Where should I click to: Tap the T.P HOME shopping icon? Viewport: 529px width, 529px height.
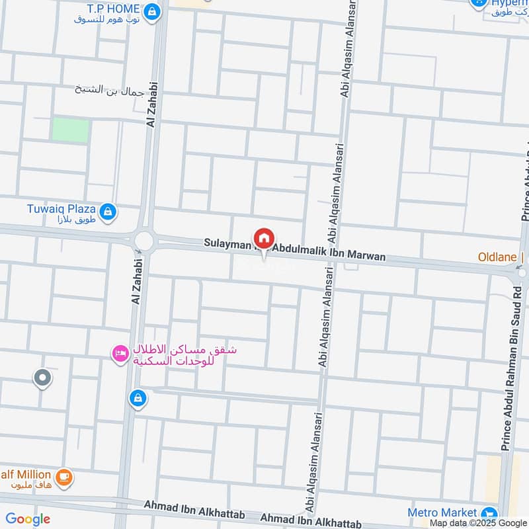[153, 11]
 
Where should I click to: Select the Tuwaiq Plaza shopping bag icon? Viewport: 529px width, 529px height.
[109, 212]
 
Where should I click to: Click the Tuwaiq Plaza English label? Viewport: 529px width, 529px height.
[60, 208]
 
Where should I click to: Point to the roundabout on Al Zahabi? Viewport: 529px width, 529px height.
[143, 241]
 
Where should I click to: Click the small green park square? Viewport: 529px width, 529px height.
[70, 130]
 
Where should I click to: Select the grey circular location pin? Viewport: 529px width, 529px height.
[42, 379]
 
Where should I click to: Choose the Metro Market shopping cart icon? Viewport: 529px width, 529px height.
[489, 513]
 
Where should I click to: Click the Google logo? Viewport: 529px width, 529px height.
[28, 519]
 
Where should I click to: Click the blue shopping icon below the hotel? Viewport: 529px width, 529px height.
[138, 398]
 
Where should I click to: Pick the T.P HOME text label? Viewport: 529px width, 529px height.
[113, 9]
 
